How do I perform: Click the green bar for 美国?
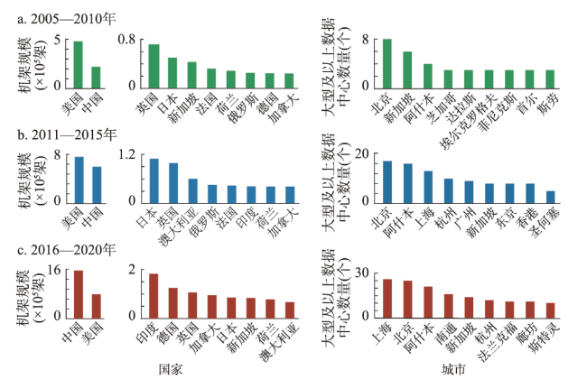pyautogui.click(x=78, y=64)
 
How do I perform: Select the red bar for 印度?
pyautogui.click(x=154, y=297)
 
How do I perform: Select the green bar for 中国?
pyautogui.click(x=96, y=76)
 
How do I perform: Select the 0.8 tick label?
pyautogui.click(x=128, y=40)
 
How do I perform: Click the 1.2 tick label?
pyautogui.click(x=128, y=155)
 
